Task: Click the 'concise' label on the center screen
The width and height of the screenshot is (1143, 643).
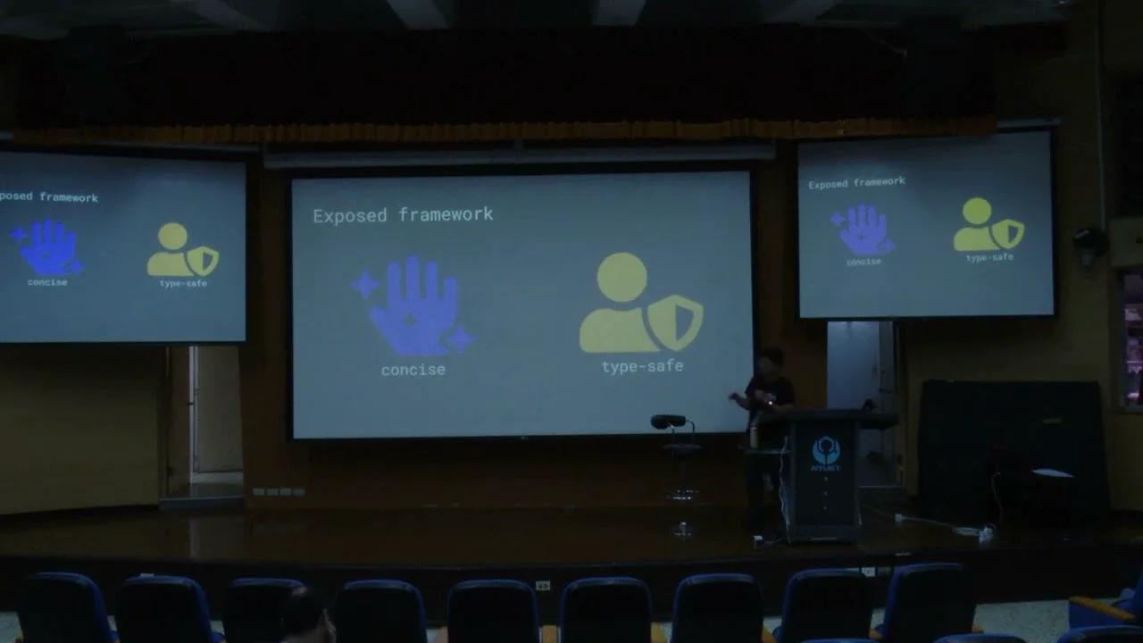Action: point(413,370)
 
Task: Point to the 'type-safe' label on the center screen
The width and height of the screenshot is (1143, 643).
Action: point(642,366)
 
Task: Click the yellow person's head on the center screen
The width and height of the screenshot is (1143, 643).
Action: point(622,276)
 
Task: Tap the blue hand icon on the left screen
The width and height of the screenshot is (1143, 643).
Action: point(48,247)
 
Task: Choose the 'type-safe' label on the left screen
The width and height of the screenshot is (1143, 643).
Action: point(182,283)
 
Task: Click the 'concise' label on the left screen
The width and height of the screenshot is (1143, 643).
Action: point(47,282)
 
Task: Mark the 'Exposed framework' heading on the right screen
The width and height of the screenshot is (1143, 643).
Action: point(856,183)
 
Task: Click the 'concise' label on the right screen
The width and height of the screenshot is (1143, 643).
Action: point(864,262)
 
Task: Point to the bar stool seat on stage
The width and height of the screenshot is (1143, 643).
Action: point(669,422)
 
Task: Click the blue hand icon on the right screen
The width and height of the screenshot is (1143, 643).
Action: point(862,229)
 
